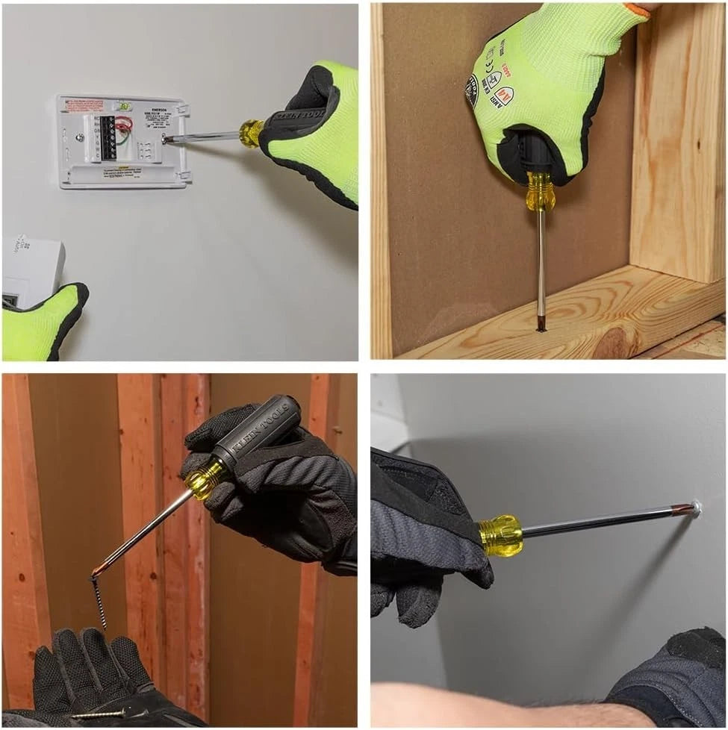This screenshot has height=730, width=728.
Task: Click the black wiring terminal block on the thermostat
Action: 108,137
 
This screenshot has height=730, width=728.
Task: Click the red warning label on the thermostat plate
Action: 84,106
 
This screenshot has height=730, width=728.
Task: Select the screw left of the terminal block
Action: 80,137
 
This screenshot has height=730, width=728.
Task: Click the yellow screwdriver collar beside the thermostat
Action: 250,133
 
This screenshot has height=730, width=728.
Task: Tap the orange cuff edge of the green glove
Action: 638,8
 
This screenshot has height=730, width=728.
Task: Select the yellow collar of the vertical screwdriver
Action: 539,193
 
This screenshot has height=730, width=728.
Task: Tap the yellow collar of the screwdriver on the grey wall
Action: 501,534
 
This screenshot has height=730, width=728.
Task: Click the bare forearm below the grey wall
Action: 485,705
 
